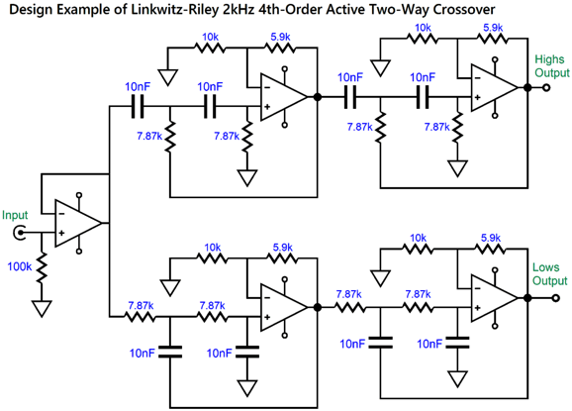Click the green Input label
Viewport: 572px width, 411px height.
tap(16, 214)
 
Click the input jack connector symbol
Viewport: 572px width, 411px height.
tap(20, 234)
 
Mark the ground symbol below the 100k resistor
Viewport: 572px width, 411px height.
tap(42, 308)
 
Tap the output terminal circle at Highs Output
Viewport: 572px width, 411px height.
tap(544, 87)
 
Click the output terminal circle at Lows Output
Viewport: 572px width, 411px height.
tap(544, 294)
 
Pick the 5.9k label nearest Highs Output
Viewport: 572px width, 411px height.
tap(490, 29)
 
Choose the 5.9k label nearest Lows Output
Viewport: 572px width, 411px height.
tap(490, 238)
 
